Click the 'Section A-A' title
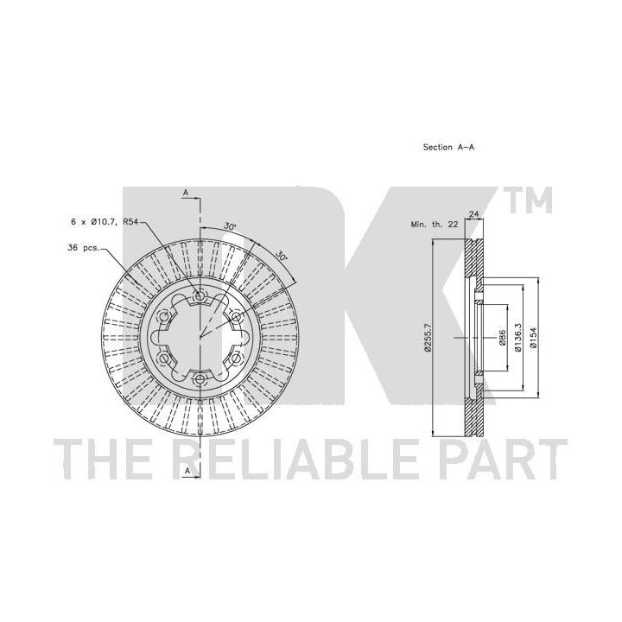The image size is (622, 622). point(448,147)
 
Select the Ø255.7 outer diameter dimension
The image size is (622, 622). point(428,338)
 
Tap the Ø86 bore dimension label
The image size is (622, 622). point(502,338)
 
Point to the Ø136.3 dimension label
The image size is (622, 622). point(517,338)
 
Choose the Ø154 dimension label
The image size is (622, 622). point(533,338)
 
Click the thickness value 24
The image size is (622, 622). point(474,214)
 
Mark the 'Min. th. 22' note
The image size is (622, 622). point(435,225)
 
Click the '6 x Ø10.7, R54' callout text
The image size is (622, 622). point(105,222)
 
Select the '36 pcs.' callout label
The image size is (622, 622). point(83,248)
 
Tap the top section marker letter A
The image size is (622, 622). point(185,193)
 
